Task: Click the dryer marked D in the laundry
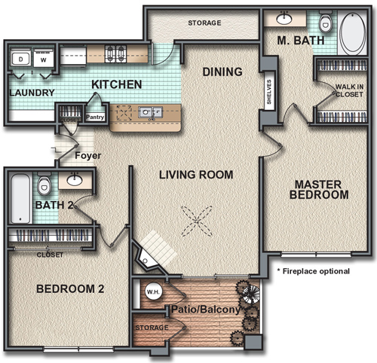20,58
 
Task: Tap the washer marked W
44,58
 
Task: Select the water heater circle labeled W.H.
154,291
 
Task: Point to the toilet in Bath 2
44,184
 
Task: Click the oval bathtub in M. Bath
352,32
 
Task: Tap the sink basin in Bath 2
75,179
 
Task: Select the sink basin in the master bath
284,18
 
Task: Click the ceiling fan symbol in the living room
197,221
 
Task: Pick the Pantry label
95,117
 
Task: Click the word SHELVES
269,92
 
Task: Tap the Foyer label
88,156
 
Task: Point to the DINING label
222,72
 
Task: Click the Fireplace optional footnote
314,271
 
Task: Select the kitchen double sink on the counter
150,112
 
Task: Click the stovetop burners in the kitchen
115,53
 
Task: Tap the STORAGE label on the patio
152,328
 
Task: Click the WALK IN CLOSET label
349,90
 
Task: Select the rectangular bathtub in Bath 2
20,198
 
